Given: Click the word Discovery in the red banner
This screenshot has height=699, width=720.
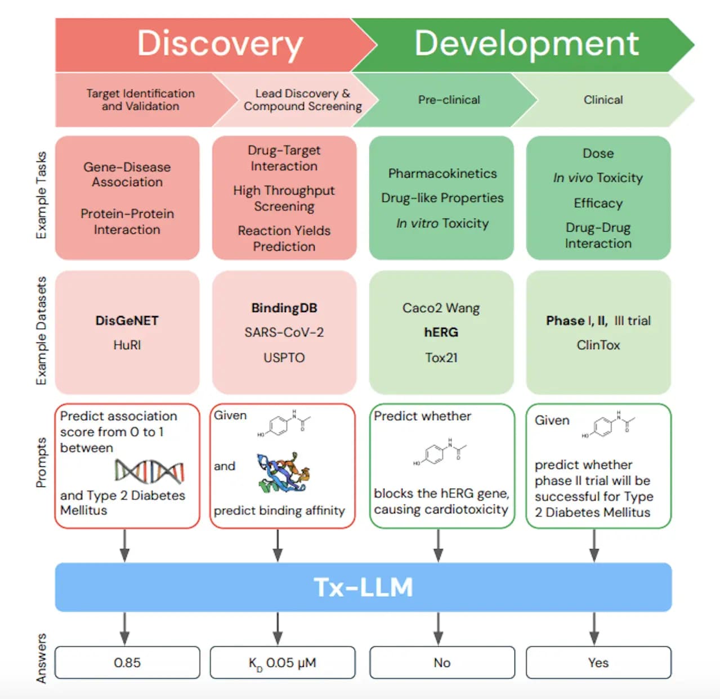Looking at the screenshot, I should (220, 44).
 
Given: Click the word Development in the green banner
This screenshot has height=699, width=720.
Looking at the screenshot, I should (526, 44).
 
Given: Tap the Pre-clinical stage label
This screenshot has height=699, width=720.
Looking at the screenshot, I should (449, 100).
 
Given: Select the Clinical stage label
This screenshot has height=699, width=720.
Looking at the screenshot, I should (603, 100).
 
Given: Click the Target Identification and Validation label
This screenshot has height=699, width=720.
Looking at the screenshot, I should (140, 100).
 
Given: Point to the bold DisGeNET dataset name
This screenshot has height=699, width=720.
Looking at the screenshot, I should (127, 321).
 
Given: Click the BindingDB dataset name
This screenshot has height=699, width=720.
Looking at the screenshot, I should (284, 308).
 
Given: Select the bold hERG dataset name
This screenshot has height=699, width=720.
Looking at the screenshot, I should (441, 332).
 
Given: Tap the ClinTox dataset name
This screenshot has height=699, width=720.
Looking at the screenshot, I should (598, 345).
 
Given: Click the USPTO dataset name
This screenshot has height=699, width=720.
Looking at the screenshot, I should (284, 358).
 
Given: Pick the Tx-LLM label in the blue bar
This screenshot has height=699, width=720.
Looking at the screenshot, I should (363, 587).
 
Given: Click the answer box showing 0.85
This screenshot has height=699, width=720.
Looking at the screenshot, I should (127, 662).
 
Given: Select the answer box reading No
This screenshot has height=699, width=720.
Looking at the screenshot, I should (442, 662).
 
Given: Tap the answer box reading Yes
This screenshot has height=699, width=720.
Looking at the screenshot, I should (598, 662).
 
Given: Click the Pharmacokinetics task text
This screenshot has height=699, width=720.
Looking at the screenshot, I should (442, 174).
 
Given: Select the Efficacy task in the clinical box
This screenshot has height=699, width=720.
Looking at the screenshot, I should (598, 203).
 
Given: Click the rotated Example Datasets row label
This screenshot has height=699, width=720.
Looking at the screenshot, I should (41, 331).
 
